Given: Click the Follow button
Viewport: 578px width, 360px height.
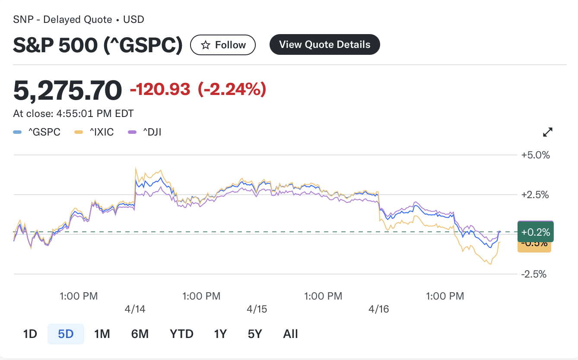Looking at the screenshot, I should [223, 45].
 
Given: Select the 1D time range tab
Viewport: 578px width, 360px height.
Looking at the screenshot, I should [30, 334].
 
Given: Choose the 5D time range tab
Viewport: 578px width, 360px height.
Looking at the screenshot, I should [66, 334].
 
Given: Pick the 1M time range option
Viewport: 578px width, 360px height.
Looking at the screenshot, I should [102, 334].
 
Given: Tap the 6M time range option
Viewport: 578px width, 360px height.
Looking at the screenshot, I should [140, 334].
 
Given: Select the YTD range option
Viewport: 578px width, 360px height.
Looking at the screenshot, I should [181, 334].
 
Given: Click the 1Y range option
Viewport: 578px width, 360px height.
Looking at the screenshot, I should [220, 334].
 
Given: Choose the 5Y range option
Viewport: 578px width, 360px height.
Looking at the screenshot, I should [255, 334].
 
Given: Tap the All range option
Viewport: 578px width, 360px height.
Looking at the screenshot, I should [291, 334].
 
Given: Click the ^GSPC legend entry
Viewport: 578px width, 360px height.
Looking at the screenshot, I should [37, 132].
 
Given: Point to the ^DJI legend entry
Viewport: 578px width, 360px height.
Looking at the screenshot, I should [146, 132].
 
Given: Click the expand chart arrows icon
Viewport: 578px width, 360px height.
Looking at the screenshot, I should [548, 132].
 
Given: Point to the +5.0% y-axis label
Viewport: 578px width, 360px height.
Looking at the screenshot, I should [536, 155].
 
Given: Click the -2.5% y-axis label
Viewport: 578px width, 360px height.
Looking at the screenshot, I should [536, 274].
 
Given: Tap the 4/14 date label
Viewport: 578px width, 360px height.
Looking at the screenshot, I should [135, 309].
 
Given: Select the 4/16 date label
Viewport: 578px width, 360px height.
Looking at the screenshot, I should [379, 309].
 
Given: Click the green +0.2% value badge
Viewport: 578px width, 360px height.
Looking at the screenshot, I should [535, 232].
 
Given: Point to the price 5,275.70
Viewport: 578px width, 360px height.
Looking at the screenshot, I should [68, 90].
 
